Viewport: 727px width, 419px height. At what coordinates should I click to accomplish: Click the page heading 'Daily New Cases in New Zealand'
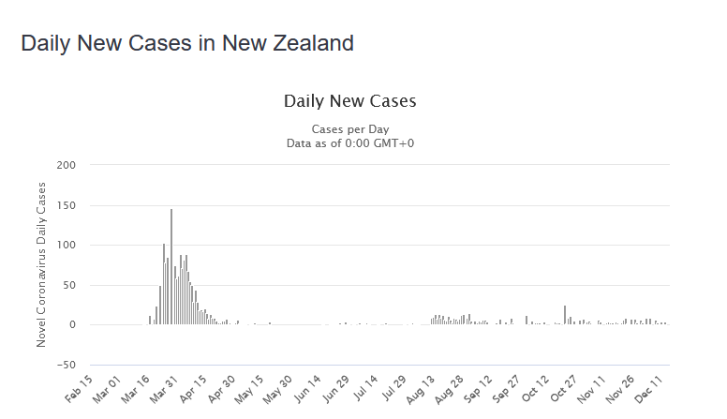pos(187,43)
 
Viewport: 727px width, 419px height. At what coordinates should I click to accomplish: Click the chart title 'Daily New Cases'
pos(349,100)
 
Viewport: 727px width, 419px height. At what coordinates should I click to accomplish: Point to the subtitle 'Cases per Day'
pos(349,129)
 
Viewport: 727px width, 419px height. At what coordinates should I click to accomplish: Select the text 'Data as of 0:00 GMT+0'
pos(349,142)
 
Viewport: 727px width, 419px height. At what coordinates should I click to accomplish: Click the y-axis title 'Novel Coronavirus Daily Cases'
pos(41,264)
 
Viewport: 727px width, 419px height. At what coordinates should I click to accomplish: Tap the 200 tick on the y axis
pos(67,166)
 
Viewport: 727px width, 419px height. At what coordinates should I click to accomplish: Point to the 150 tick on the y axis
pos(67,205)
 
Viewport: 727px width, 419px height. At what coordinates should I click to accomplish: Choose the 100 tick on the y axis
pos(67,246)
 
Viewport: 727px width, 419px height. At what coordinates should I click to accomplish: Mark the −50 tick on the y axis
pos(65,365)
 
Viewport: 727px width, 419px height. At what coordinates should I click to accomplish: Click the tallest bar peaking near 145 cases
pos(171,267)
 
